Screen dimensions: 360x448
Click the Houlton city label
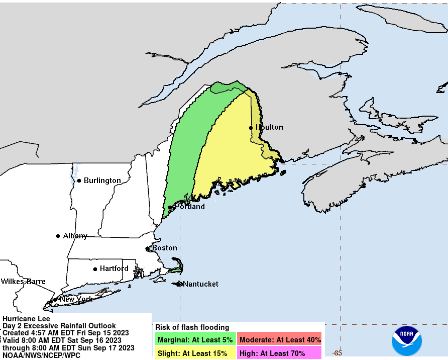click(269, 127)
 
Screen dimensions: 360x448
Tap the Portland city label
click(189, 207)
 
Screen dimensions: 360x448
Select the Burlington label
click(102, 181)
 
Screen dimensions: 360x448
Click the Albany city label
click(75, 236)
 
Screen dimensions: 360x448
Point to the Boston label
click(164, 248)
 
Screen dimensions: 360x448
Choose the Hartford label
click(114, 268)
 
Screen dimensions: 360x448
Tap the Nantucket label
click(200, 284)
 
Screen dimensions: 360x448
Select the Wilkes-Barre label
click(23, 282)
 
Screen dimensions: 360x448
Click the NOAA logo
click(407, 340)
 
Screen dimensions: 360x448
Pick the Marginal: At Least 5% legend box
click(195, 340)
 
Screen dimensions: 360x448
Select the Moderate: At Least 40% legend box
click(280, 340)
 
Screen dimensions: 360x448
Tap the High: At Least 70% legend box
click(280, 353)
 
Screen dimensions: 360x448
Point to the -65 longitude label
click(338, 353)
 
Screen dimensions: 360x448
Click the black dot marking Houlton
click(251, 128)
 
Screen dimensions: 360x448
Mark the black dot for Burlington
click(79, 181)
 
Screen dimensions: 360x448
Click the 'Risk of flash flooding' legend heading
click(192, 327)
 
